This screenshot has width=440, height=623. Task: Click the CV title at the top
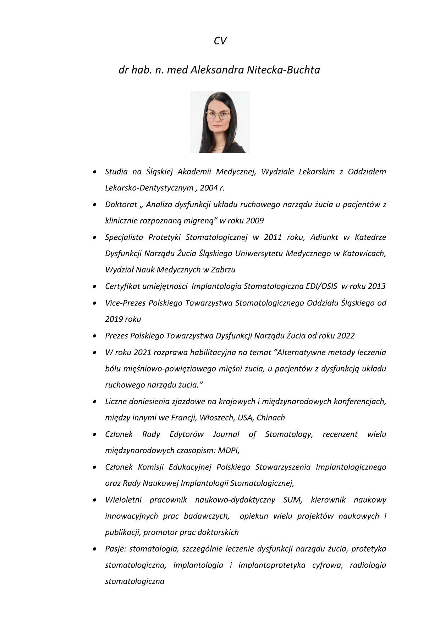[x=220, y=41]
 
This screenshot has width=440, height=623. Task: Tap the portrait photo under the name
[x=220, y=122]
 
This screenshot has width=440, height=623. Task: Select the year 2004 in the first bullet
[x=209, y=188]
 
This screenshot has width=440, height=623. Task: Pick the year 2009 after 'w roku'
[x=254, y=221]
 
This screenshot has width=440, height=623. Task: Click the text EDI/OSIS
[x=321, y=286]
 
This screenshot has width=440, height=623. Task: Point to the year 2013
[x=376, y=286]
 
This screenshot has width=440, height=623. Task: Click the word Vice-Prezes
[x=125, y=303]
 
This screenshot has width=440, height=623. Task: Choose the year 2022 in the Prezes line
[x=346, y=336]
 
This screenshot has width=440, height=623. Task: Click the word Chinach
[x=270, y=417]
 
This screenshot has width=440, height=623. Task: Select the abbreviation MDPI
[x=228, y=450]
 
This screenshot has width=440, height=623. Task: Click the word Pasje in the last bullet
[x=115, y=549]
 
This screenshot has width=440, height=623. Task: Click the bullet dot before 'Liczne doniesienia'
[x=94, y=402]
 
